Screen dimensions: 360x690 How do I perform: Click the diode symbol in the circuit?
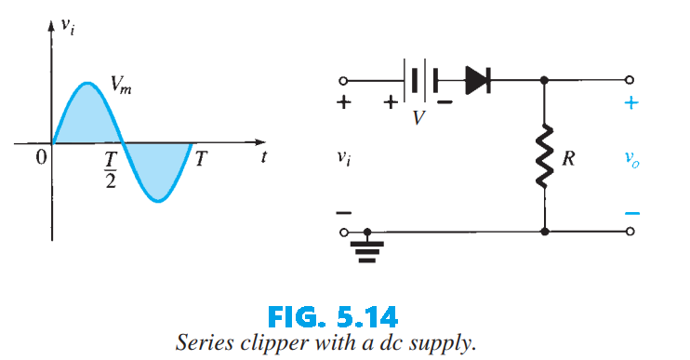(476, 81)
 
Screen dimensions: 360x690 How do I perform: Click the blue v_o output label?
(632, 160)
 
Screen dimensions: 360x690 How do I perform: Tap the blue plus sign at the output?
(631, 103)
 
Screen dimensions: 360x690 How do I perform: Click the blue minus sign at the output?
(631, 213)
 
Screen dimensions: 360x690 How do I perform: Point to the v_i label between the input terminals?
(344, 159)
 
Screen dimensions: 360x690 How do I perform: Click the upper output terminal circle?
(631, 81)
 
